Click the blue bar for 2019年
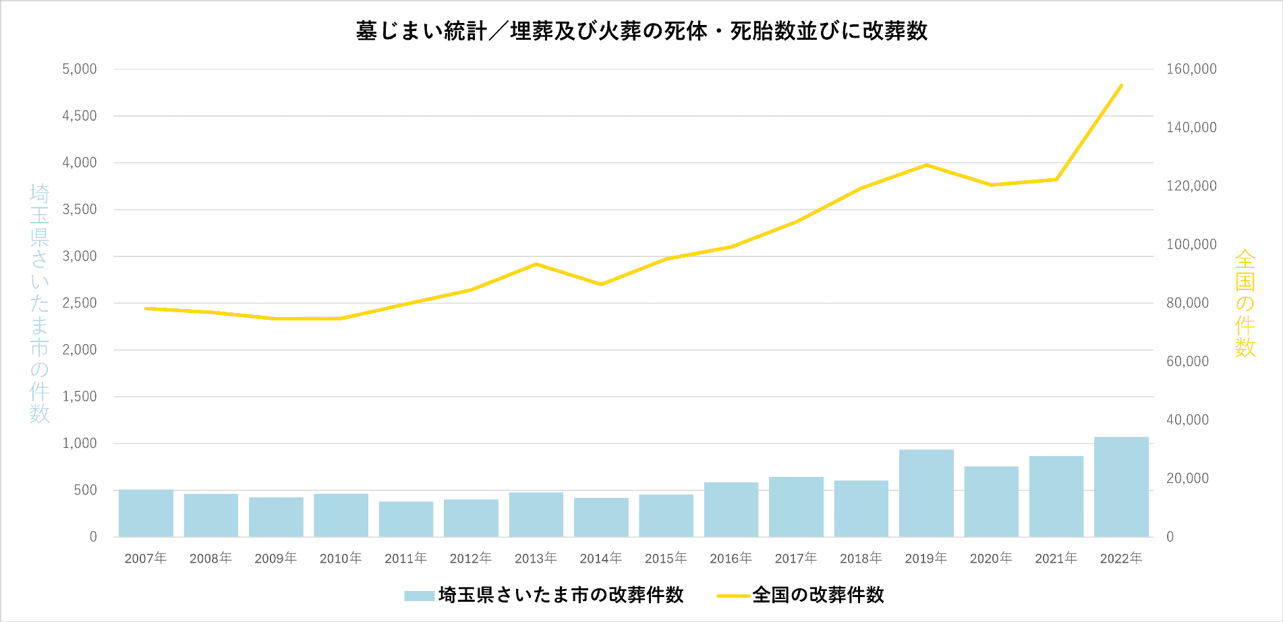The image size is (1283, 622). [x=925, y=493]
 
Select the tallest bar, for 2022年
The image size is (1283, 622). [x=1121, y=487]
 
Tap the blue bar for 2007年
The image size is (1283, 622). [x=146, y=513]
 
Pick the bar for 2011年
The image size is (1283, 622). [x=406, y=519]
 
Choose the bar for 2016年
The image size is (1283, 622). [x=731, y=510]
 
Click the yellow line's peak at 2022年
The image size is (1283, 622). [x=1121, y=86]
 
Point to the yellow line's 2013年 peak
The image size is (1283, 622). [x=536, y=264]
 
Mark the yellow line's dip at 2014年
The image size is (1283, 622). [x=601, y=285]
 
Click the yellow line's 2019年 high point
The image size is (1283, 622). [x=926, y=165]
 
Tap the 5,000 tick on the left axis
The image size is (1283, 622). [x=80, y=69]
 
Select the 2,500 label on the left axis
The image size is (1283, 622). [x=80, y=303]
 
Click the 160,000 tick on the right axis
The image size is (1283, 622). [x=1191, y=69]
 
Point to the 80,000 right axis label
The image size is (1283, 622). [x=1187, y=303]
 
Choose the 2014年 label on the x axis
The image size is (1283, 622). [x=600, y=558]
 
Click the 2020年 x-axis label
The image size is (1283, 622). [x=991, y=558]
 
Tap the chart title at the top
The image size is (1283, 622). [x=641, y=31]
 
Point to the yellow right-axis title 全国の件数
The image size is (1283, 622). [x=1245, y=304]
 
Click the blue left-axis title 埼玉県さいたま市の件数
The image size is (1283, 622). [x=40, y=304]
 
